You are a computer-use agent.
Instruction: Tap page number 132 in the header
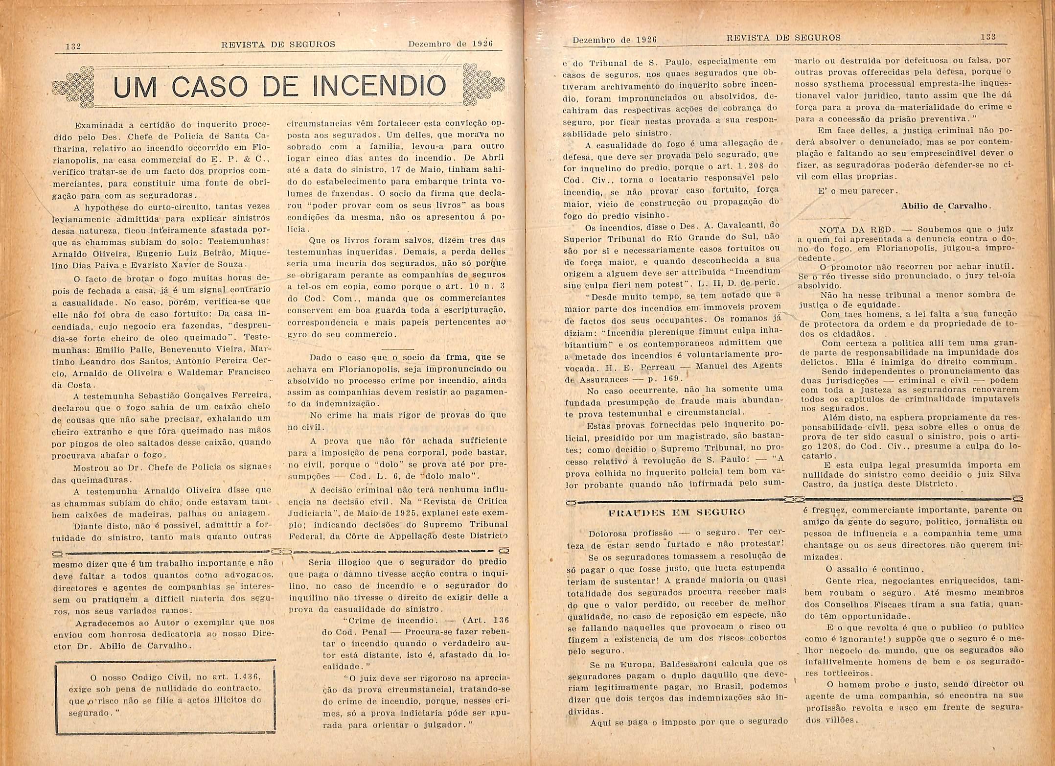[73, 46]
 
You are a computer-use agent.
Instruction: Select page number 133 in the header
[988, 37]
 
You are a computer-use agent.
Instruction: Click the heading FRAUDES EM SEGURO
[677, 513]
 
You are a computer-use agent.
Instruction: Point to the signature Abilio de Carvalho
[946, 206]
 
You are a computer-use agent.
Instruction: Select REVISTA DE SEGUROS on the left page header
[278, 45]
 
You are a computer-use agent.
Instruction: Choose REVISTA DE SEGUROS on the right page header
[783, 38]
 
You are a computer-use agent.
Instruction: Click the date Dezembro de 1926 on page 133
[614, 39]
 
